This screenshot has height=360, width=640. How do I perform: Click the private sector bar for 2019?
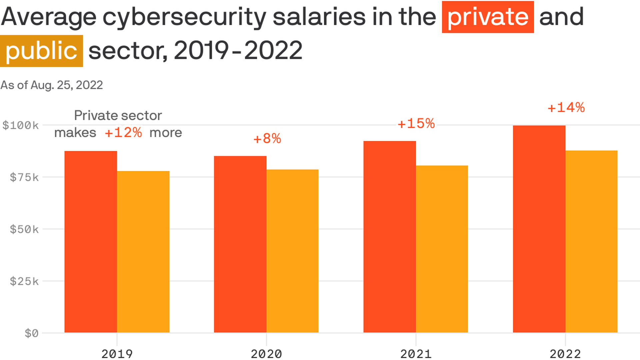pos(91,242)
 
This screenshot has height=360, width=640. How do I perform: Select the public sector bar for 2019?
pos(143,252)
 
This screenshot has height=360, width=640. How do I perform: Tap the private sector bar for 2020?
pos(240,244)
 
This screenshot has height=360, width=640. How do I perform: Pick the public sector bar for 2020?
pos(292,251)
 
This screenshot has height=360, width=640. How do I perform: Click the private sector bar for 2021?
pos(390,237)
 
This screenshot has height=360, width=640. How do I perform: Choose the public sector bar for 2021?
pos(442,249)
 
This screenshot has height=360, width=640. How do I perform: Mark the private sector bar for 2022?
pos(539,229)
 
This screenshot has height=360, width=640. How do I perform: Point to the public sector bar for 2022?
pos(591,242)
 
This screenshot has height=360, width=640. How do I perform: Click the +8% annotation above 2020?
pos(267,139)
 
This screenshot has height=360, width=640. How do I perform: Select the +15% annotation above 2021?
pos(416,124)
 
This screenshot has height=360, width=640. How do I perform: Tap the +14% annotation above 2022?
pos(566,108)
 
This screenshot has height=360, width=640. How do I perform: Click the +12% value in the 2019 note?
pos(123,133)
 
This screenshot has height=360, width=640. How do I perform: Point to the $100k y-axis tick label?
pos(21,125)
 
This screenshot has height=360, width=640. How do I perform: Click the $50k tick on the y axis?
pos(24,229)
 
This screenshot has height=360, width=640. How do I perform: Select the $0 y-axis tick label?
pos(32,333)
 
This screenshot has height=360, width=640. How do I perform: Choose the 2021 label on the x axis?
pos(416,354)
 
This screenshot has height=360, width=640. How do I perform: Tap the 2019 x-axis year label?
pos(117,354)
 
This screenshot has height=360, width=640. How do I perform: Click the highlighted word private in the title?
pos(488,17)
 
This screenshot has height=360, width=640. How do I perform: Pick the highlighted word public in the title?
pos(41,51)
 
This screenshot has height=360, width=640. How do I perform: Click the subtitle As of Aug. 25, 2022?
pos(52,85)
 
